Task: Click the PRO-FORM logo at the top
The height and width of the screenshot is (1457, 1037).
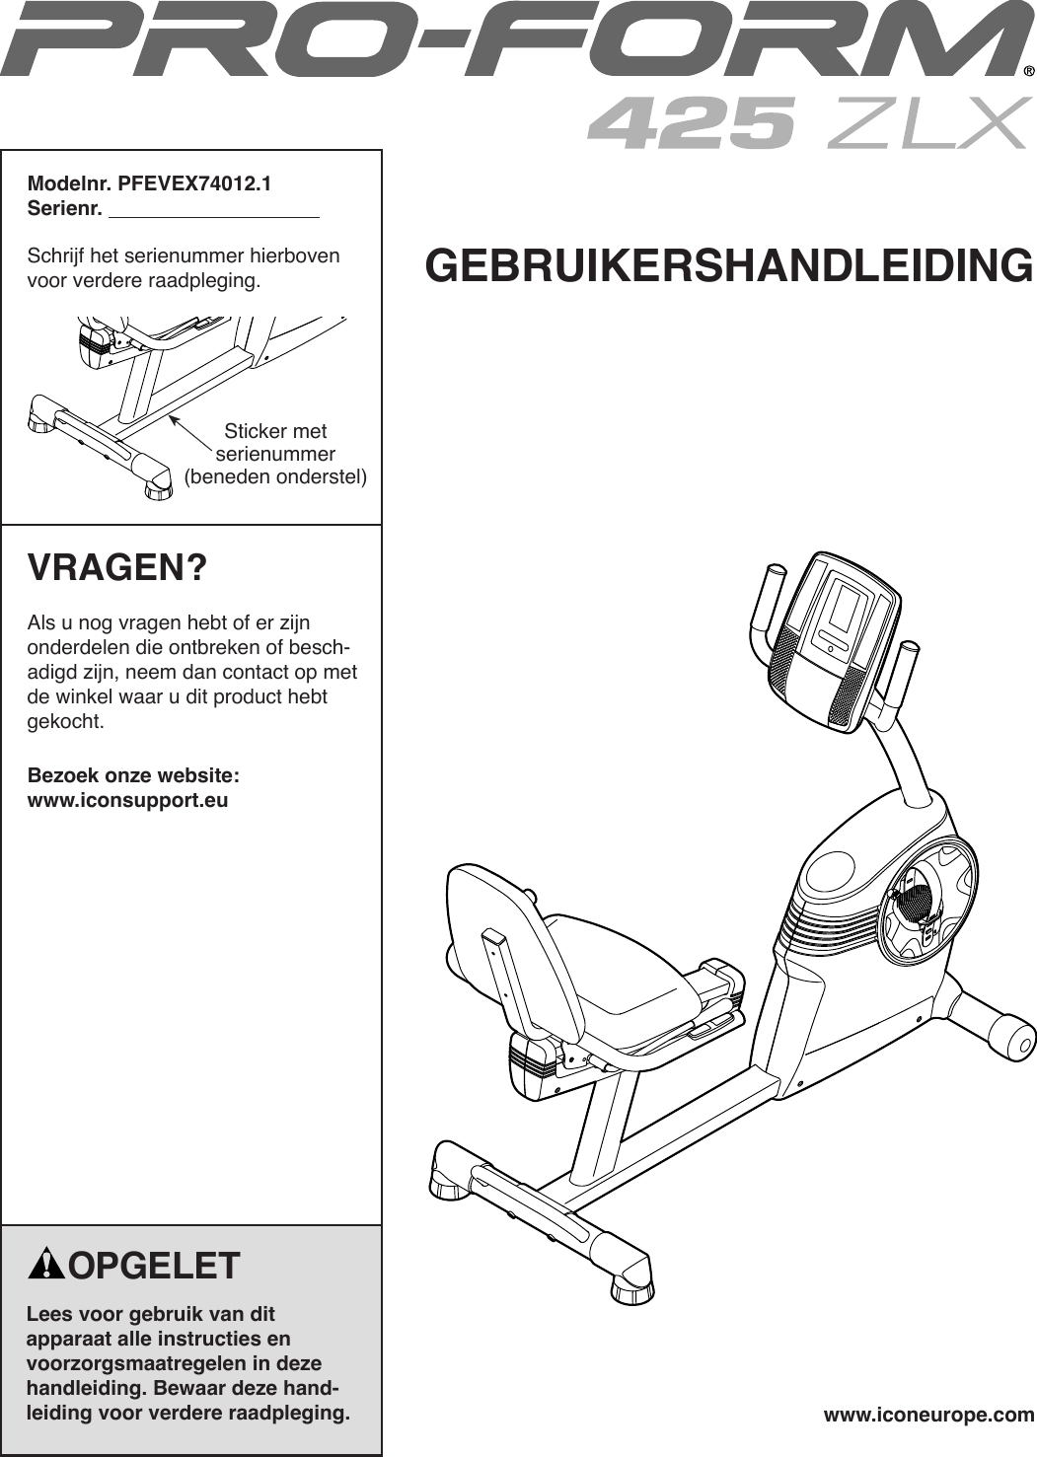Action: (513, 41)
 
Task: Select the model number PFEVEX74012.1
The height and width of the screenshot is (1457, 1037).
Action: (195, 183)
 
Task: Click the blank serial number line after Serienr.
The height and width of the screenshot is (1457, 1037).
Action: (213, 209)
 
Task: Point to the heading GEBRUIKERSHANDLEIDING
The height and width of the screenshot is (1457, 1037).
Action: (729, 265)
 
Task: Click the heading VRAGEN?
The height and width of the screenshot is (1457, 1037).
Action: (117, 569)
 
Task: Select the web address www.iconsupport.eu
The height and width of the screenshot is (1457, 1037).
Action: (127, 800)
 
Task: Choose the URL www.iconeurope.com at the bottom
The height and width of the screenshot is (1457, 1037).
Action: (928, 1416)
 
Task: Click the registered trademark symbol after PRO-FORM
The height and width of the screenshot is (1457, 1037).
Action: (1028, 71)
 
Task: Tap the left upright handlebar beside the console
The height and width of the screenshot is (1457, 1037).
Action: (764, 601)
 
